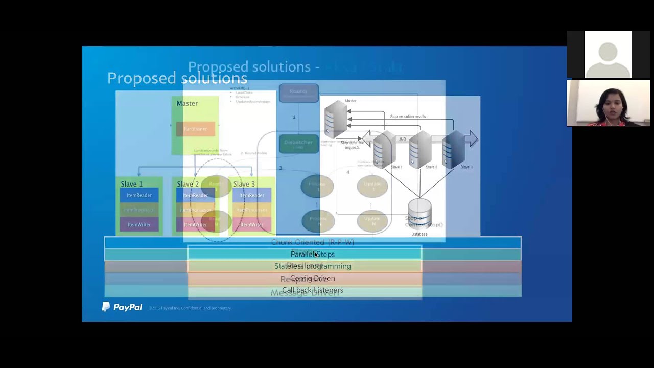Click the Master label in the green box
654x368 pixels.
coord(187,104)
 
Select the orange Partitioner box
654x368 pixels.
coord(195,129)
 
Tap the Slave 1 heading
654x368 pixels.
coord(131,184)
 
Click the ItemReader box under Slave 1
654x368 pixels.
coord(139,195)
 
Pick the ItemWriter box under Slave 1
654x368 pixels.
coord(139,224)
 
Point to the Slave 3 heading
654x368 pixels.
coord(244,184)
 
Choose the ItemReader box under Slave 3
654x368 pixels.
coord(251,195)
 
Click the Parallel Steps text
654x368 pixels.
coord(312,254)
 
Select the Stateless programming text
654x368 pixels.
coord(312,266)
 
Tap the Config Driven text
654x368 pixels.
coord(312,279)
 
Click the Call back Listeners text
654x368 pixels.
coord(312,290)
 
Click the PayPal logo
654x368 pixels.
coord(122,307)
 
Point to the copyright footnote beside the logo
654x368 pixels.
coord(190,308)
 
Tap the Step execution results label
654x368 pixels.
coord(408,117)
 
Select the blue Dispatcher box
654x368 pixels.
coord(298,144)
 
